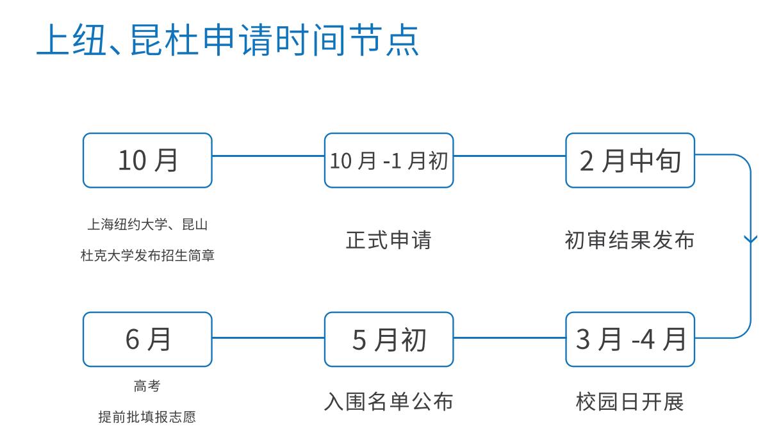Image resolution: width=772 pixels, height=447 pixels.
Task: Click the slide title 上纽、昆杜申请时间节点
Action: click(x=228, y=41)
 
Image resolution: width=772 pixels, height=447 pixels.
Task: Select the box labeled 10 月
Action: click(x=147, y=161)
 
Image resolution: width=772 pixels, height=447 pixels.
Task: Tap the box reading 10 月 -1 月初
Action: click(x=389, y=161)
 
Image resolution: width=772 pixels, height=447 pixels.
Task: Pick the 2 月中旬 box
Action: click(x=630, y=161)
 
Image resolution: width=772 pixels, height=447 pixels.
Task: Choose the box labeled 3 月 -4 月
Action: click(x=630, y=339)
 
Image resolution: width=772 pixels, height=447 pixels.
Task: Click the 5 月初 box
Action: click(x=389, y=339)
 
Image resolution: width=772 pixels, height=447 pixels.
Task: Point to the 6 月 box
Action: click(x=147, y=339)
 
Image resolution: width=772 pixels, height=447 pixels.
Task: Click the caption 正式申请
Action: click(x=389, y=240)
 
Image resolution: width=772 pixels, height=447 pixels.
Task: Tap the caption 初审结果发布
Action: click(x=630, y=240)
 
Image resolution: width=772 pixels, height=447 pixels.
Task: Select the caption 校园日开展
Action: click(x=630, y=402)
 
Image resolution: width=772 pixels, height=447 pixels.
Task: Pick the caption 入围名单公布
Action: click(x=389, y=402)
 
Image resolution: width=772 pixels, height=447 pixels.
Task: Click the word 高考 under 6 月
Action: click(x=147, y=386)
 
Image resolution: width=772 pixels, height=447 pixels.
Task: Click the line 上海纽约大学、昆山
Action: click(x=147, y=225)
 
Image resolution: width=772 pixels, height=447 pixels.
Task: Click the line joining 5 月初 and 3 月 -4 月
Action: click(x=509, y=337)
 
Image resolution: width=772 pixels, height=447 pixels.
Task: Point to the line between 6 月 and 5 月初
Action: click(x=268, y=337)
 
